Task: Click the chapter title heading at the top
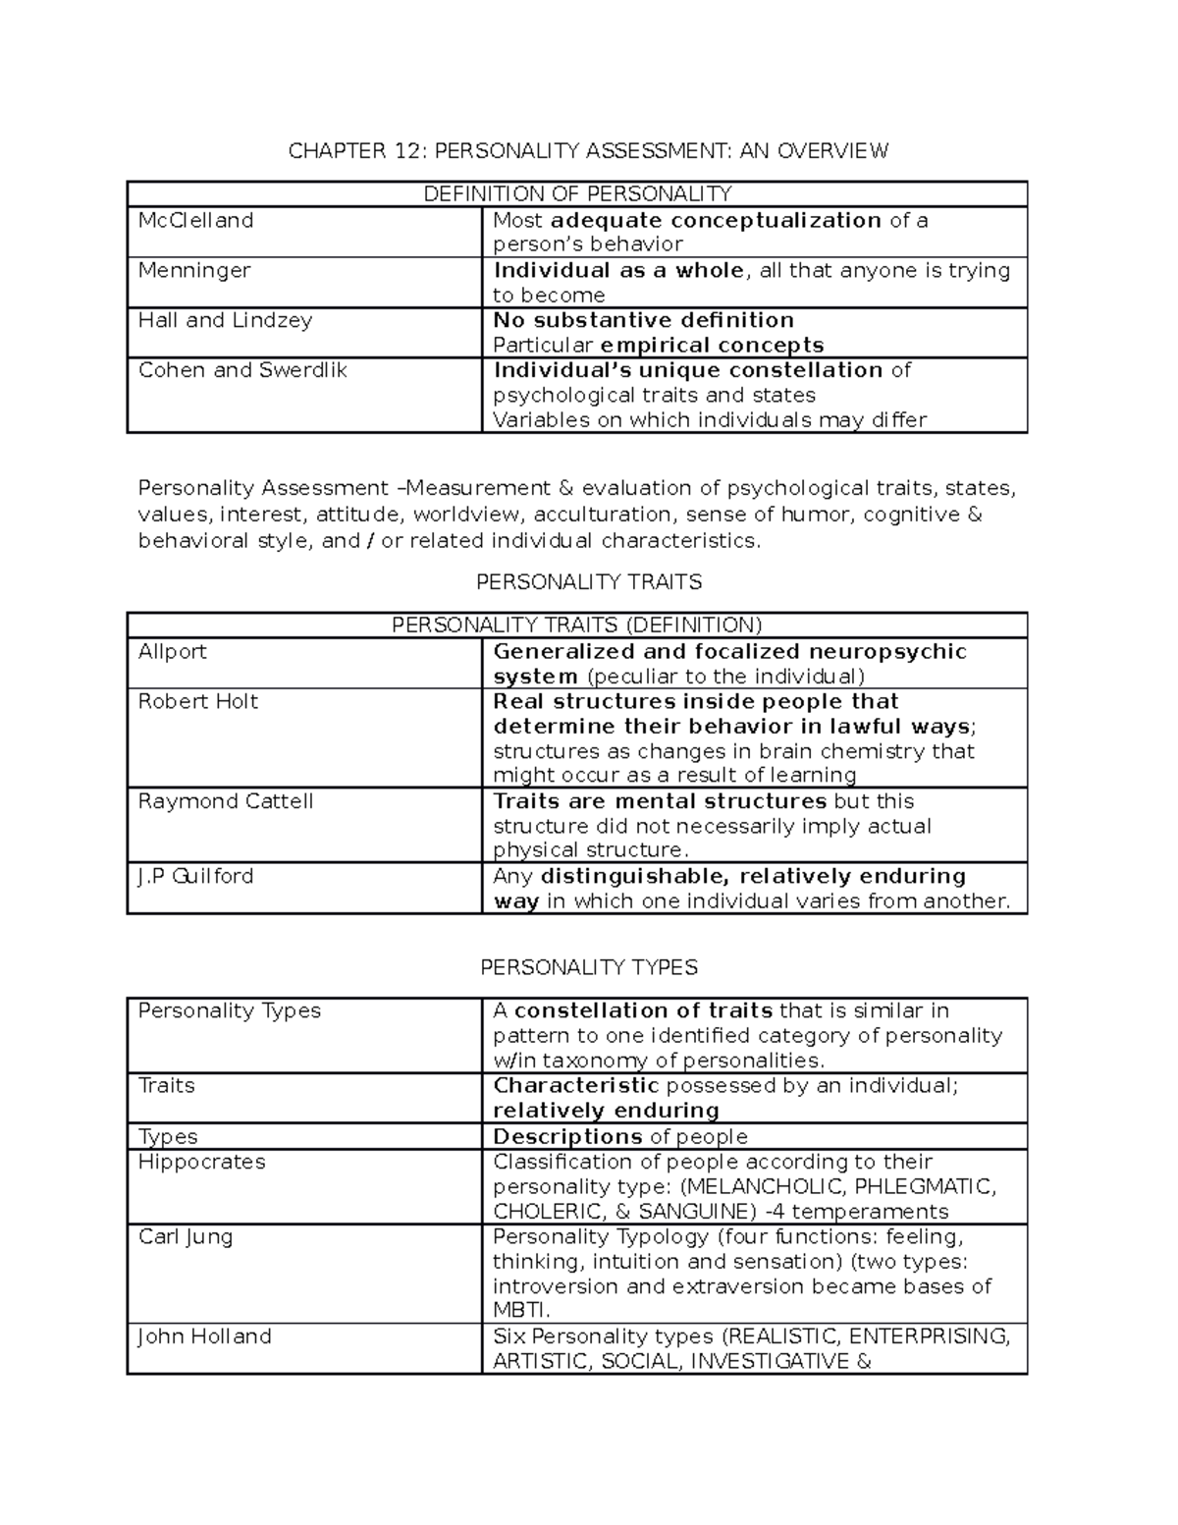pos(587,150)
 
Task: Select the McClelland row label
pos(195,220)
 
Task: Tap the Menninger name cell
pos(194,270)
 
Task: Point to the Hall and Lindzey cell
pos(225,320)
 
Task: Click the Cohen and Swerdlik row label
pos(242,370)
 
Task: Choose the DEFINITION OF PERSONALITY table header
pos(577,193)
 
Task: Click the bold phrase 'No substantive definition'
pos(643,320)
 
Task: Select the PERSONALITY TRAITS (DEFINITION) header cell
pos(577,626)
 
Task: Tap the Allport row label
pos(173,651)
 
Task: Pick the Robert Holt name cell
pos(198,701)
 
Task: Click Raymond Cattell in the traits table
pos(226,801)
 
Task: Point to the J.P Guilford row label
pos(195,876)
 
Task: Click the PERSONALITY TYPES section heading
pos(589,967)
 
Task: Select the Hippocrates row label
pos(201,1162)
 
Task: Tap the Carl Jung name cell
pos(186,1236)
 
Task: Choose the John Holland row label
pos(204,1336)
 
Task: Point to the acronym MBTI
pos(519,1311)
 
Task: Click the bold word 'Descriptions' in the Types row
pos(567,1137)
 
